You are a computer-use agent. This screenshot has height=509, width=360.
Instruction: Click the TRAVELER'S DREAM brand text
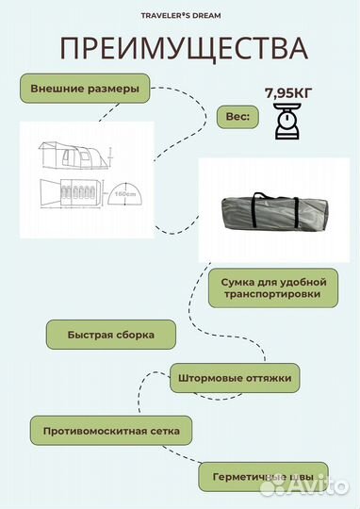click(179, 16)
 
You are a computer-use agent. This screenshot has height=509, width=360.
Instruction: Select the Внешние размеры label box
click(85, 89)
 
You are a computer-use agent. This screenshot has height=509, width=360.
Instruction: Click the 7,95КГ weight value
click(290, 93)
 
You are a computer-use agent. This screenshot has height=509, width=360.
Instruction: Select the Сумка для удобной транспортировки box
click(273, 287)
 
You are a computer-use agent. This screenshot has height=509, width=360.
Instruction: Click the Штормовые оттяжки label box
click(236, 380)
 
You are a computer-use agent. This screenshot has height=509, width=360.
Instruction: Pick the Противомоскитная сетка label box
click(105, 431)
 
